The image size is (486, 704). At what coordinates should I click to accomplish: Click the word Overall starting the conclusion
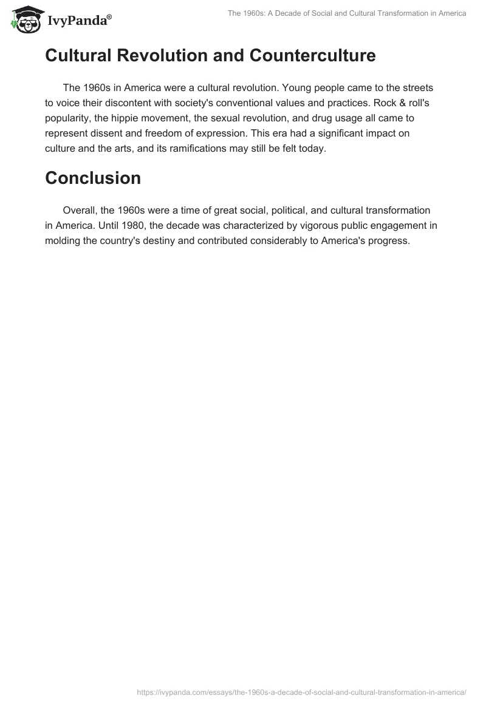[81, 210]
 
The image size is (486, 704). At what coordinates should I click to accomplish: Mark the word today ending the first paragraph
[311, 148]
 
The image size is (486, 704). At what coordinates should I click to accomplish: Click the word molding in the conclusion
[63, 240]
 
